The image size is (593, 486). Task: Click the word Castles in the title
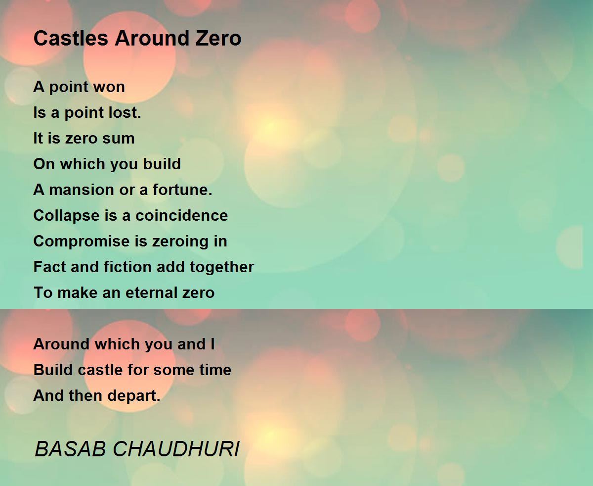pos(71,38)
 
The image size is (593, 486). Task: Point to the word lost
pos(125,113)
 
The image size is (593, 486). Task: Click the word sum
pos(119,139)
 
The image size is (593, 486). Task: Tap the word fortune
pos(182,190)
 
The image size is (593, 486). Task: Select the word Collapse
pos(66,216)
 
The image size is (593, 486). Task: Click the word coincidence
pos(182,216)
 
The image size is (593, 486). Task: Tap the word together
pos(222,267)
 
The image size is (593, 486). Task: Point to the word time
pos(215,370)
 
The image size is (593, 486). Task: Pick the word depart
pos(133,396)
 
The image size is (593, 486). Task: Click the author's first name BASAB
pos(70,448)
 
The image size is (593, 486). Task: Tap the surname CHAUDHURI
pos(176,448)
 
